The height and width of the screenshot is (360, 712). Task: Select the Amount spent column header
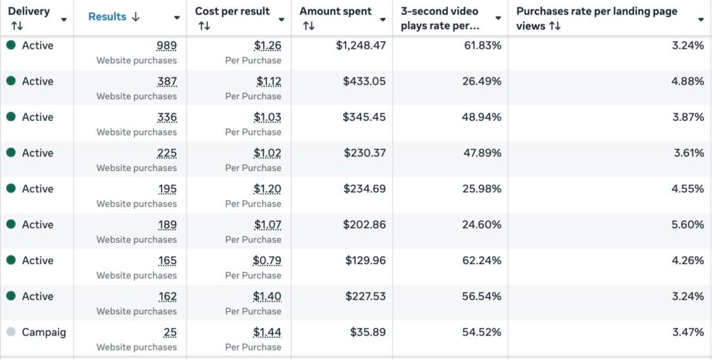coord(336,12)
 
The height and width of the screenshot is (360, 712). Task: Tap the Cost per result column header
coord(232,12)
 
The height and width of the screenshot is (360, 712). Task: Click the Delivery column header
coord(29,12)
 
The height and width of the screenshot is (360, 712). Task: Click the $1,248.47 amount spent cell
coord(361,45)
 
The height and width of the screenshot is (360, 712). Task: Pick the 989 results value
coord(167,45)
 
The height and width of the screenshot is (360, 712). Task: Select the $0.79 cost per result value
coord(267,261)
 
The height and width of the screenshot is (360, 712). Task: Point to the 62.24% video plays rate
coord(483,261)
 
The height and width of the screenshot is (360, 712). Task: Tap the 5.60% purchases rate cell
coord(688,224)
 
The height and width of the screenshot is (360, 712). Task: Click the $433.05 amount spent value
coord(364,81)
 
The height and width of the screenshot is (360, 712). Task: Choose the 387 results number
coord(167,81)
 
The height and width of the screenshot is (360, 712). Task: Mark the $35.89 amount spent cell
coord(368,332)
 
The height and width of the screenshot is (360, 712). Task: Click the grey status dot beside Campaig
coord(11,332)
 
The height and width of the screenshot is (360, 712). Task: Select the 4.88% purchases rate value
coord(688,81)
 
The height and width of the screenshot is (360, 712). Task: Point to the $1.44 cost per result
coord(267,332)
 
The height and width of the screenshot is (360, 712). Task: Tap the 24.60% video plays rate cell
coord(483,224)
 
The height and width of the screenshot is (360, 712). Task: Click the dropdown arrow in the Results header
coord(177,18)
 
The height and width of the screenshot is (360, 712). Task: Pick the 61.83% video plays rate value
coord(483,45)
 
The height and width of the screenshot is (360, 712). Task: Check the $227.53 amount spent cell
coord(366,297)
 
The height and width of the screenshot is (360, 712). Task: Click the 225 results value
coord(167,153)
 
